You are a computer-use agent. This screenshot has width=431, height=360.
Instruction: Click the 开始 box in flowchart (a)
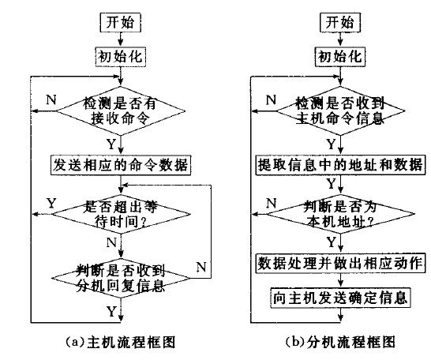(121, 22)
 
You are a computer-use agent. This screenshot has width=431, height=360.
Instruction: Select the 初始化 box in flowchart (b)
(340, 57)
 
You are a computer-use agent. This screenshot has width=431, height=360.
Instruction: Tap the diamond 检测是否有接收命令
(121, 111)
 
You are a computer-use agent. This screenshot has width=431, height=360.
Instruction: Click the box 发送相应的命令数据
(121, 165)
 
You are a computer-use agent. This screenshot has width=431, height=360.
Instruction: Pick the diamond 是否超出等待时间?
(121, 214)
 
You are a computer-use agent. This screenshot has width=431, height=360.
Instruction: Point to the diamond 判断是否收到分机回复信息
(121, 278)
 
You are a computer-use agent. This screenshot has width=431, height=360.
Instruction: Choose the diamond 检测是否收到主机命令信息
(340, 111)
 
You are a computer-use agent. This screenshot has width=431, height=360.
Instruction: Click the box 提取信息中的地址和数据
(340, 165)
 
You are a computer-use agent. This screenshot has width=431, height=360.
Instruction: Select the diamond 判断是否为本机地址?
(340, 214)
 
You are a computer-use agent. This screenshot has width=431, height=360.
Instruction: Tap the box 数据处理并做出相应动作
(340, 264)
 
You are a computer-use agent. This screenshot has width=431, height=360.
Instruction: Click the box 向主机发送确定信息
(340, 298)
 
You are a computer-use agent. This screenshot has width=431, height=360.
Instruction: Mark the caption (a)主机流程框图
(121, 342)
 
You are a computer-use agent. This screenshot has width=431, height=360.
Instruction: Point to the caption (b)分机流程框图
(340, 342)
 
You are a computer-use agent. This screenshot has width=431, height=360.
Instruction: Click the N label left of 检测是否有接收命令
(51, 99)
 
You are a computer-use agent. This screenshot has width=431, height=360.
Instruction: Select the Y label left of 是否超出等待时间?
(51, 204)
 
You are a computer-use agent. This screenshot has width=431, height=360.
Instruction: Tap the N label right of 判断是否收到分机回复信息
(201, 267)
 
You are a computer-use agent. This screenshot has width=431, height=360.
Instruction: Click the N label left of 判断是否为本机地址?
(272, 203)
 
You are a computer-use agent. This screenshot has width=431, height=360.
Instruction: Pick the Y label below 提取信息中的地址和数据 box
(332, 184)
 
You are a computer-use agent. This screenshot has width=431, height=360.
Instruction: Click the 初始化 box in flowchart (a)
(121, 57)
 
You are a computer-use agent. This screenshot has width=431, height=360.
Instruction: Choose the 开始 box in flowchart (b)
(340, 22)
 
